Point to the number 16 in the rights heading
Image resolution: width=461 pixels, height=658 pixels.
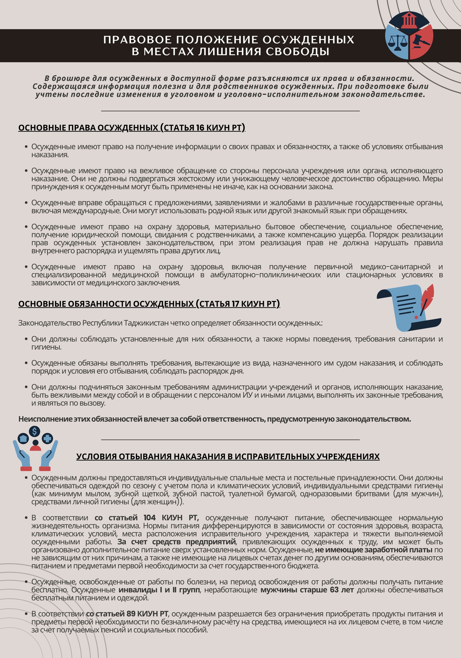point(200,128)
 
